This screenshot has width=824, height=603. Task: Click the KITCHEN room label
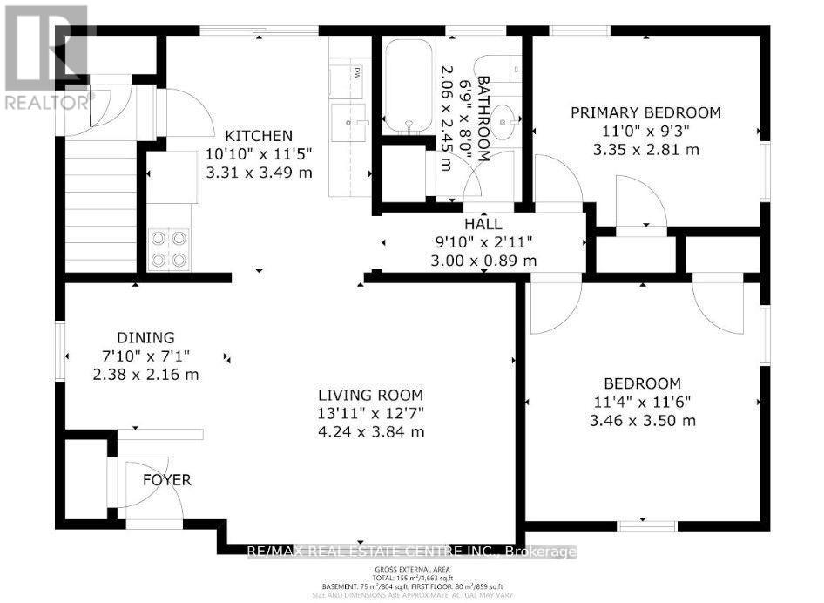click(x=259, y=136)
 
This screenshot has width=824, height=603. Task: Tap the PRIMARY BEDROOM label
click(x=645, y=112)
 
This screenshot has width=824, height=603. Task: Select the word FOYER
click(x=168, y=480)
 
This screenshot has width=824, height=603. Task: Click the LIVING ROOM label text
click(x=370, y=394)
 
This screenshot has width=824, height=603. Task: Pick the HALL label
click(x=482, y=224)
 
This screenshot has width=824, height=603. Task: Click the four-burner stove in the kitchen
click(x=169, y=248)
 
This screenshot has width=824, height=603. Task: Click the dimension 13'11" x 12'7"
click(x=370, y=412)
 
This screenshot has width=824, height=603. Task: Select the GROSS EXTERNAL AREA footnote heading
click(x=411, y=566)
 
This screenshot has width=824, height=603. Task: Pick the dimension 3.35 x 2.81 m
click(x=645, y=149)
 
